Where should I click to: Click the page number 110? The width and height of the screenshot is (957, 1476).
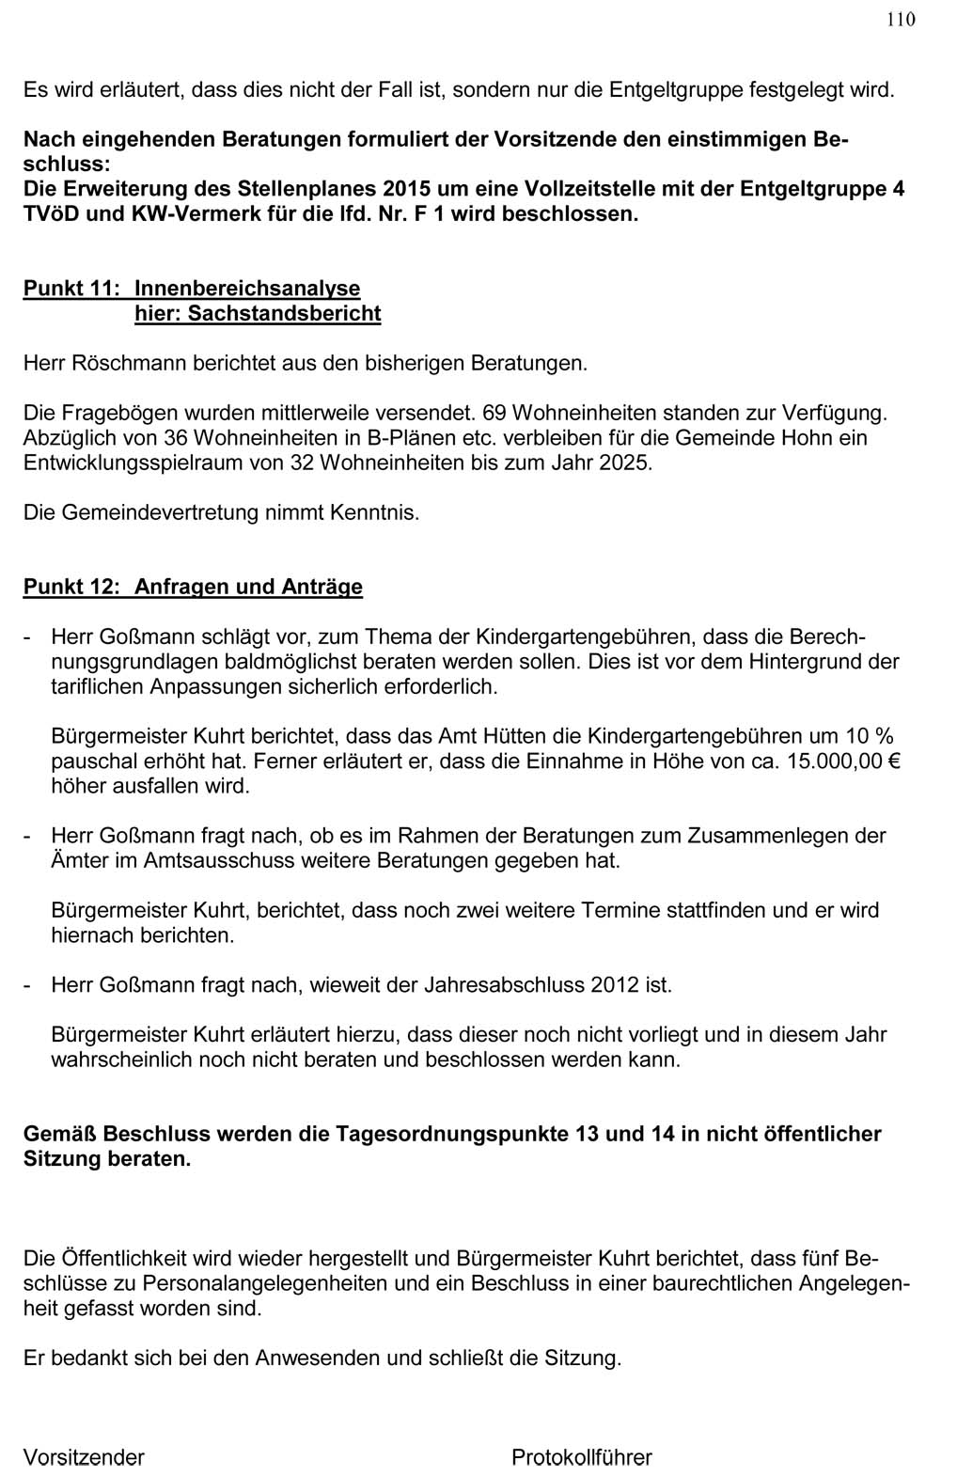coord(900,20)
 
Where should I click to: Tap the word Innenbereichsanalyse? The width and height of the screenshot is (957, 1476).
coord(247,289)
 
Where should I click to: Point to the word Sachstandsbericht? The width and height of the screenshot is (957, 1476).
coord(284,313)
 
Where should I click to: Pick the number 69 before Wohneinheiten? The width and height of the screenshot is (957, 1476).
coord(494,413)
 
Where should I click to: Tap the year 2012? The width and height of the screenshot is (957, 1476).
coord(617,985)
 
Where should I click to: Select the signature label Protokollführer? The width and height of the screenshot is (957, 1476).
coord(582,1458)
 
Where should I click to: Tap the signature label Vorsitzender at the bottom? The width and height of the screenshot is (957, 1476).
coord(84,1458)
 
